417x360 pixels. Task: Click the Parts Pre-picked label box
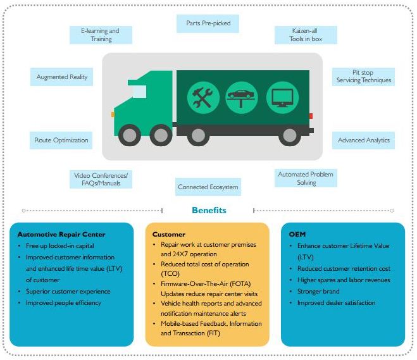208,24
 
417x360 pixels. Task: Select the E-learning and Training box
100,35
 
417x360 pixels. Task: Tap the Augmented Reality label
62,77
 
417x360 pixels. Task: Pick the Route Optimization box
62,140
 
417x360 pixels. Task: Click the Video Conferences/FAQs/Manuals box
101,179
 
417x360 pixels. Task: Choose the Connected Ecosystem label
208,187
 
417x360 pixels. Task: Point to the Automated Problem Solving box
305,178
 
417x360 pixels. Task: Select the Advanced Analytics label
363,140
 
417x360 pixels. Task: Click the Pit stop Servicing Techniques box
363,77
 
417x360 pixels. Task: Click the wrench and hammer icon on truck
203,97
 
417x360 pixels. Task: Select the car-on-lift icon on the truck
242,97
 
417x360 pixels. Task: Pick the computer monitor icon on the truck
281,97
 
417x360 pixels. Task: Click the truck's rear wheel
290,135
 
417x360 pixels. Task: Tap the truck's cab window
139,92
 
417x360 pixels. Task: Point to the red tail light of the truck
311,116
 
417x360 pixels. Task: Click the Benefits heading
208,210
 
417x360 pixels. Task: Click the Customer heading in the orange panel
169,235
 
